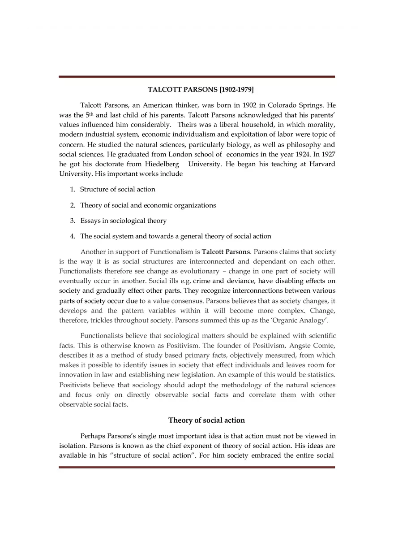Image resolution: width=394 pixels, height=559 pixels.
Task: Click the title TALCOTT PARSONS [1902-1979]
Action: pos(201,90)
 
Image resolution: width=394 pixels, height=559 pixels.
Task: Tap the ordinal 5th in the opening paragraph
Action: pos(90,115)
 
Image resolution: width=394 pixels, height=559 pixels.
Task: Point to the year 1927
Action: pos(326,154)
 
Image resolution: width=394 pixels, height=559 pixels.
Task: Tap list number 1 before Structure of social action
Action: pos(72,189)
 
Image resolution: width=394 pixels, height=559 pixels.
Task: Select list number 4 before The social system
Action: pos(72,236)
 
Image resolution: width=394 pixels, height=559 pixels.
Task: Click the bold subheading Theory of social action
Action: pos(206,420)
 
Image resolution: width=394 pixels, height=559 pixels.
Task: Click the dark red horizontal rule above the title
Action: pos(197,77)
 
